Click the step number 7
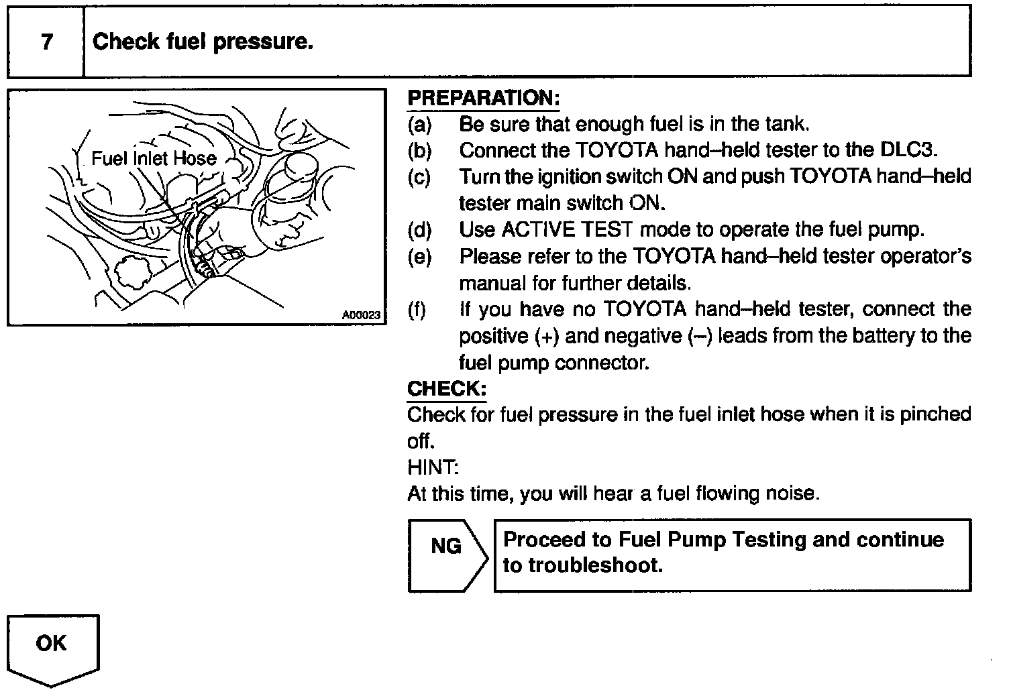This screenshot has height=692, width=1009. (x=46, y=42)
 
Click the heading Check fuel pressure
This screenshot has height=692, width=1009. (x=203, y=42)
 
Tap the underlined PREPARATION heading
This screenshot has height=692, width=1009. (x=483, y=98)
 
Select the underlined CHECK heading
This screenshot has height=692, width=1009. (x=446, y=388)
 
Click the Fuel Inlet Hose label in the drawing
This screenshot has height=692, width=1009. (x=154, y=158)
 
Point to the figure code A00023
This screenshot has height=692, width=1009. (x=361, y=314)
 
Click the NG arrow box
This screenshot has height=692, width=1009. (x=447, y=555)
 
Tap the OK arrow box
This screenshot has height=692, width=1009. (x=52, y=648)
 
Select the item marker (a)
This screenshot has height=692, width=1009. (x=419, y=125)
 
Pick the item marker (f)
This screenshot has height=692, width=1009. (x=417, y=310)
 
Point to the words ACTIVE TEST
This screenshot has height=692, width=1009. (x=567, y=230)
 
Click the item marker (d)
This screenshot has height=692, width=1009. (x=419, y=230)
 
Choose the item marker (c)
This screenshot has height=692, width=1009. (x=419, y=177)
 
